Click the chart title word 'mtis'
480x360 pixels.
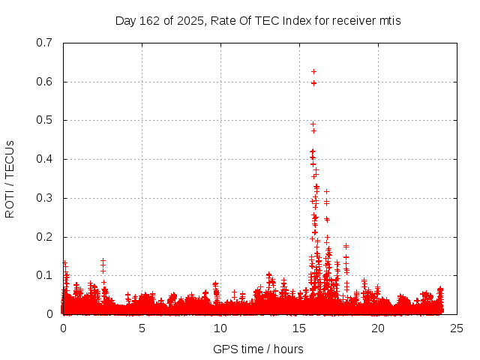[389, 21]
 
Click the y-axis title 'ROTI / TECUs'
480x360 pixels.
[10, 178]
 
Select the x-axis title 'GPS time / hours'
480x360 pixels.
[258, 349]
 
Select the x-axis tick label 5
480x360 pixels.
[142, 328]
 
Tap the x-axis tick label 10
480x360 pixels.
[220, 328]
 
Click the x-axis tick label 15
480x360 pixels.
[299, 328]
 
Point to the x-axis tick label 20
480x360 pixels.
[378, 328]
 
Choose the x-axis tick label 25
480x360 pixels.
[457, 328]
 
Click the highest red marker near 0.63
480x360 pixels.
[313, 71]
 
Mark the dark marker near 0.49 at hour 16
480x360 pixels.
[313, 124]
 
